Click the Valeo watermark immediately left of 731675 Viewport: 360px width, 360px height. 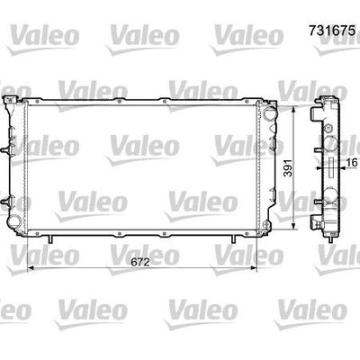coord(241,33)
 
